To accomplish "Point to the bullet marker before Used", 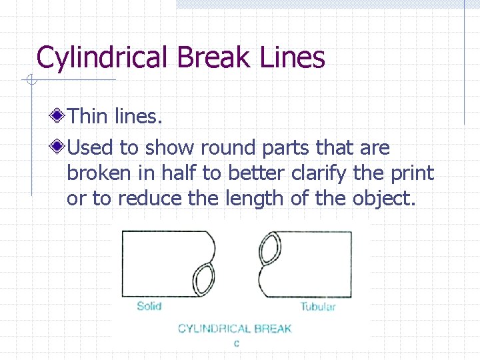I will (59, 147).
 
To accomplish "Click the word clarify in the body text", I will (323, 173).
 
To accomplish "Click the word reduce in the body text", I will (122, 199).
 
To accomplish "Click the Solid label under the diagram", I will (149, 306).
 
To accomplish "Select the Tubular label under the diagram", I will (317, 307).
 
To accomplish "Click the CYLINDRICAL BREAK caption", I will (235, 328).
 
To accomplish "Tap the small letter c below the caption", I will (237, 344).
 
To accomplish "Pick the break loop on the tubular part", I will (271, 249).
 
